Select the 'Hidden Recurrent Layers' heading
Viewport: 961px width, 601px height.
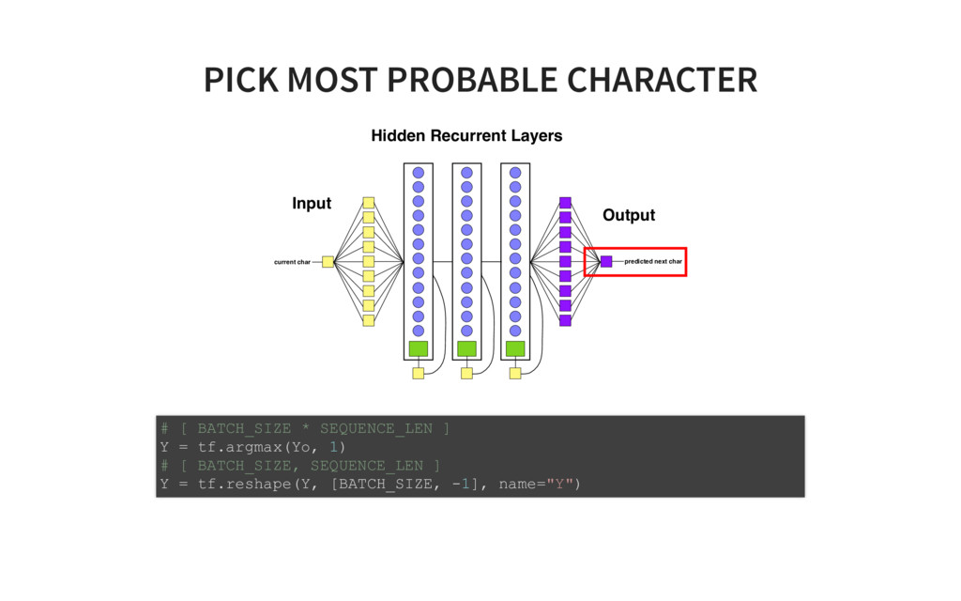pos(466,136)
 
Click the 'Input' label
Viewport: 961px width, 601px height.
pos(312,204)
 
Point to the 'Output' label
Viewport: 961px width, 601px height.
pos(628,216)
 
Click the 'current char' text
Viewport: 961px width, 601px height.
pos(292,262)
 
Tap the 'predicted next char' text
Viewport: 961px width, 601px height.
pos(653,261)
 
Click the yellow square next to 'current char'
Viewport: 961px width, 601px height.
pos(328,262)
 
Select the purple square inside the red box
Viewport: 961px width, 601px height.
pos(606,261)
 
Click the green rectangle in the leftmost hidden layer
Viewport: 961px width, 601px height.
pos(419,348)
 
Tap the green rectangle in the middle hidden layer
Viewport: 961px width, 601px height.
pos(466,348)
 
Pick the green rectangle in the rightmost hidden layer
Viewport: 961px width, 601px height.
pos(515,348)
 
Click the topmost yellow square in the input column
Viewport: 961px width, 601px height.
pos(369,202)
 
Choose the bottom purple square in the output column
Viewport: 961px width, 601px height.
pos(565,320)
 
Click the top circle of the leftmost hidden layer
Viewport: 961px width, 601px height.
pos(419,173)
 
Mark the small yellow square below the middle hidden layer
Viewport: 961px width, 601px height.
pos(466,373)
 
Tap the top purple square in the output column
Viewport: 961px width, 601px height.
pos(565,202)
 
